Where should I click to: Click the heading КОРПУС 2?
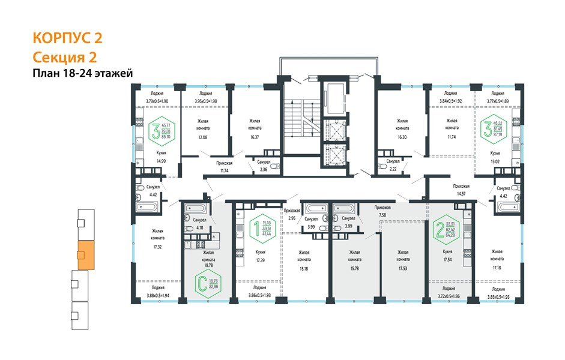(x=67, y=38)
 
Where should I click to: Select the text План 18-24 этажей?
(x=82, y=73)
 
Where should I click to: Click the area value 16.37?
(x=258, y=136)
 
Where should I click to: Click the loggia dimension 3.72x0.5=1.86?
(x=445, y=296)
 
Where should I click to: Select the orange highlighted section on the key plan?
(x=85, y=254)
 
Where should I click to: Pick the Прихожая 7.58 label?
(x=382, y=210)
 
